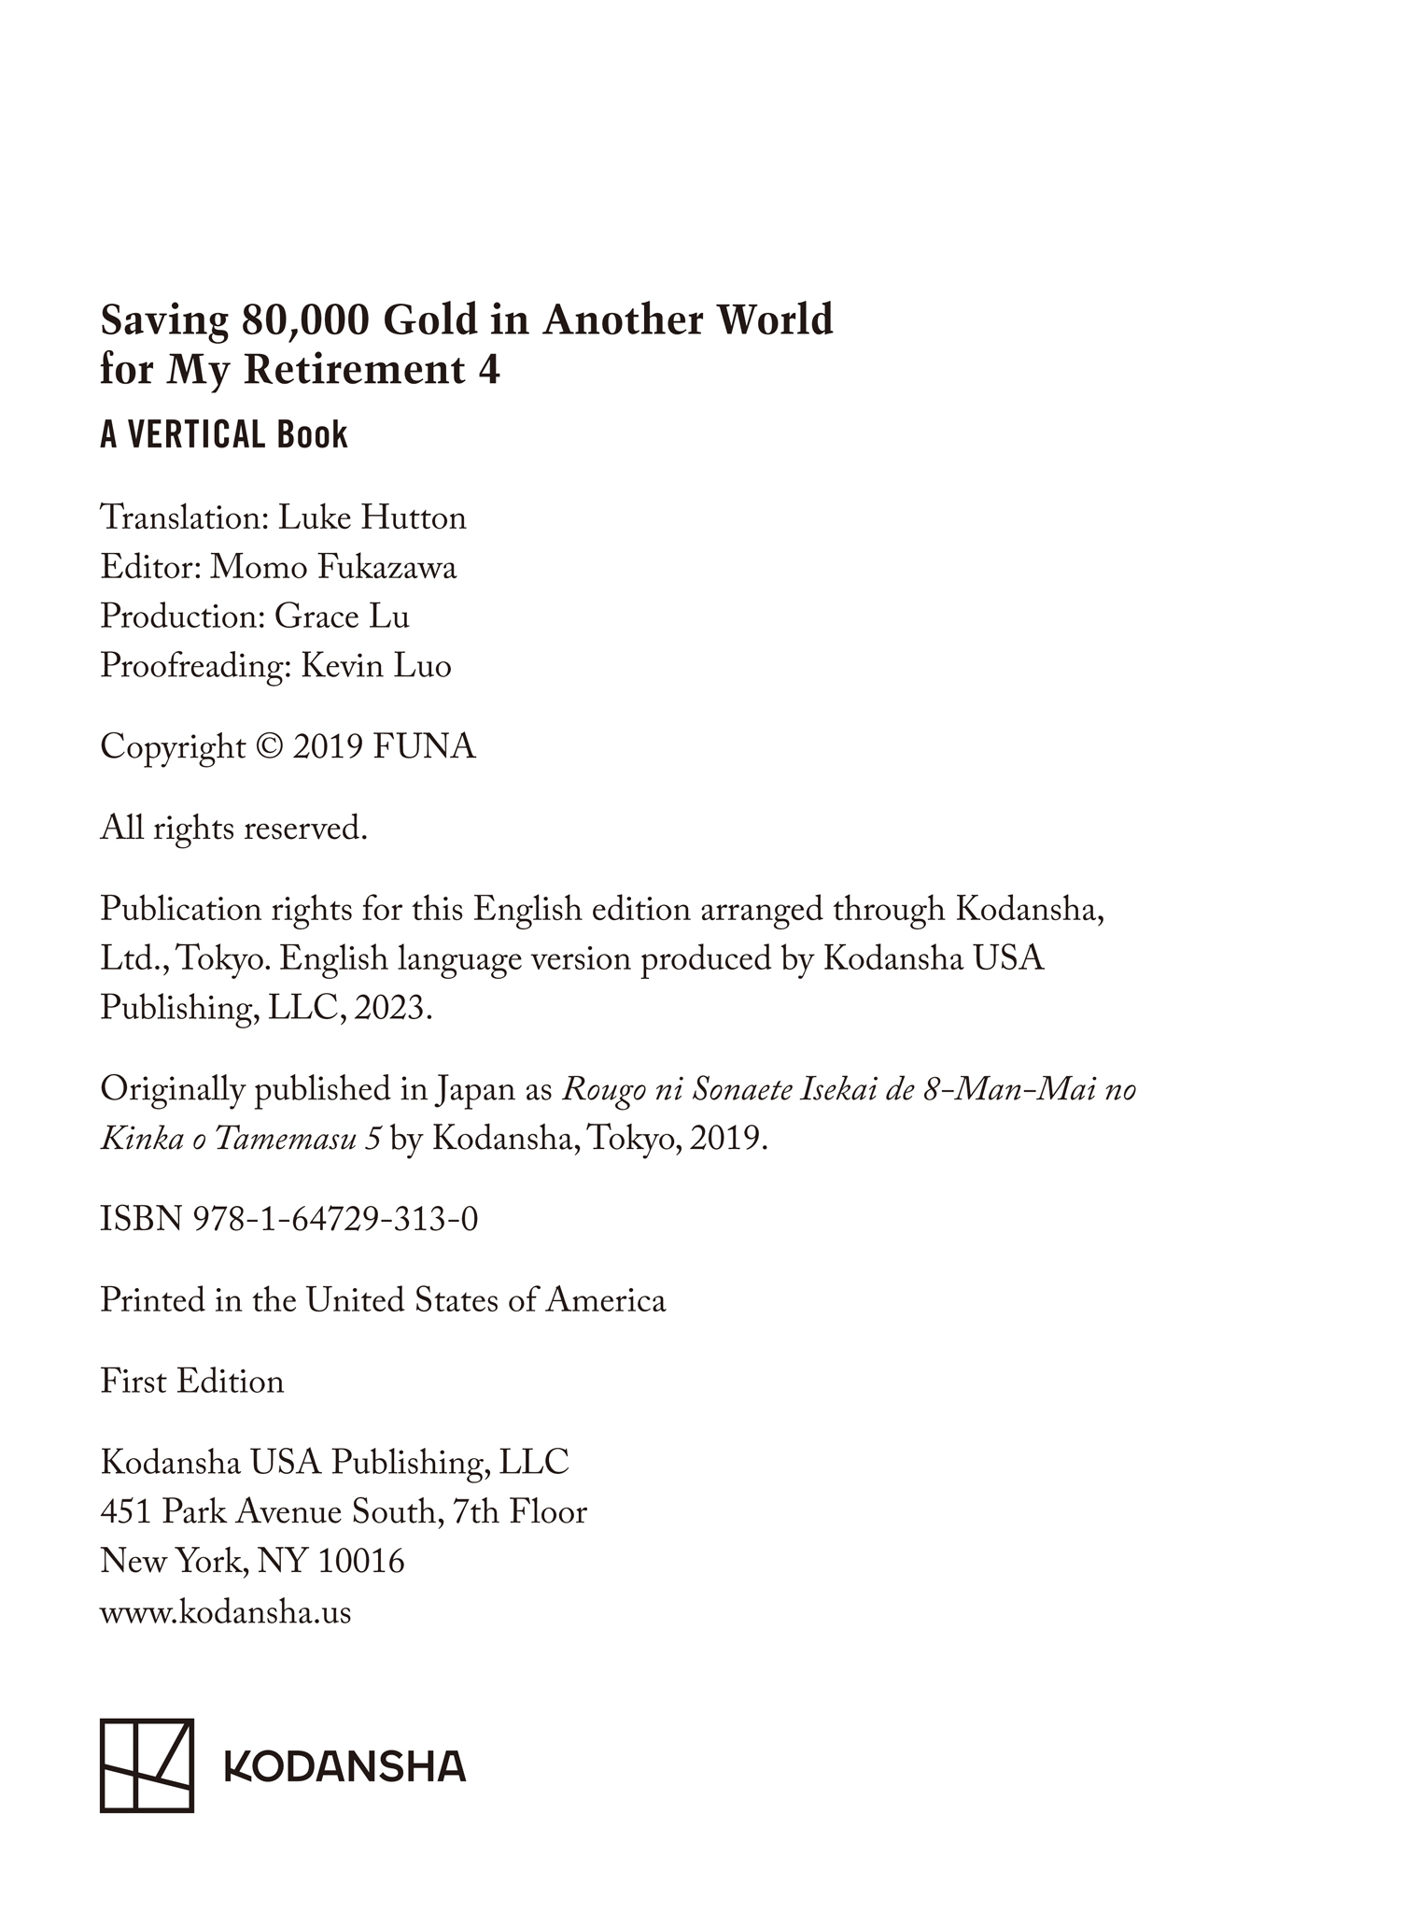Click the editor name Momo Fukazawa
point(333,567)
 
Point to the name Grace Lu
point(342,616)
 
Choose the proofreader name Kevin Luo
point(376,666)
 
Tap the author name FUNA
point(424,747)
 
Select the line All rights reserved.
point(233,829)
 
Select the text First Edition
point(192,1382)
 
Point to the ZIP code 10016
point(361,1562)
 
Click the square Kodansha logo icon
point(147,1765)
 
